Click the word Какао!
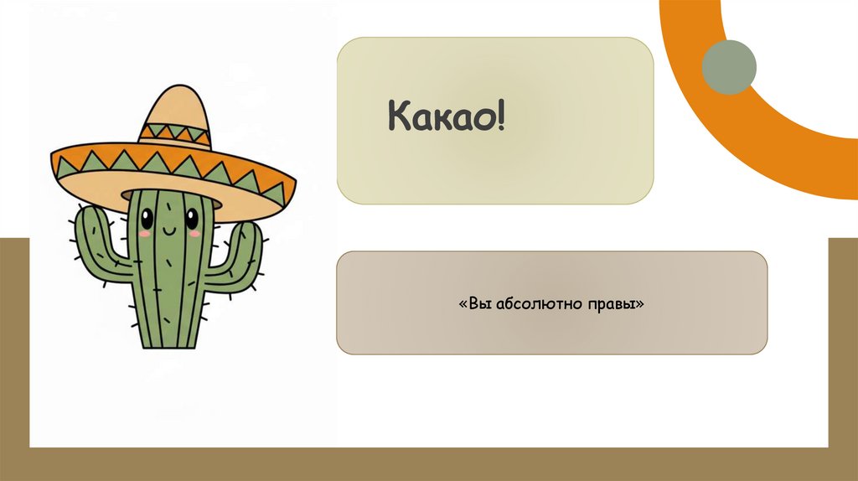coord(446,119)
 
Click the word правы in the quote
coord(614,303)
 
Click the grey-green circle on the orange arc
coord(728,67)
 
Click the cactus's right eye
coord(193,220)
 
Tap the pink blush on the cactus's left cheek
coord(144,234)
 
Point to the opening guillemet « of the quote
coord(463,303)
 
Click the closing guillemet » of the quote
coord(640,303)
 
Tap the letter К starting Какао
coord(396,119)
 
